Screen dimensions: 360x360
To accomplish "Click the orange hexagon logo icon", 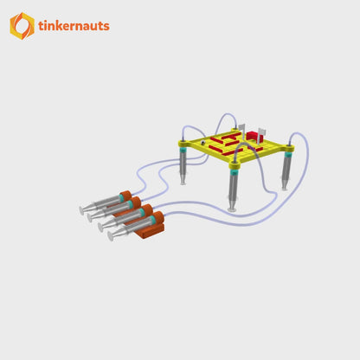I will tap(22, 26).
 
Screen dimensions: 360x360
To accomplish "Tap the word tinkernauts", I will tap(74, 26).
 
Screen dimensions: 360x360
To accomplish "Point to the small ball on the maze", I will tap(204, 142).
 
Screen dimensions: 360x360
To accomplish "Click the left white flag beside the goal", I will tap(242, 129).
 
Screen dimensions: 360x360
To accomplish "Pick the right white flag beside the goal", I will tap(263, 131).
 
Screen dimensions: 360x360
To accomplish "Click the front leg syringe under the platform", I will tap(233, 183).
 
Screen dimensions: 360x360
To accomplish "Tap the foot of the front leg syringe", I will tap(231, 208).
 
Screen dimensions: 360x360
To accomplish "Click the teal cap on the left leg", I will tap(183, 151).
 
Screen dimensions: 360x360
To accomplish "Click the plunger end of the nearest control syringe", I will tap(111, 236).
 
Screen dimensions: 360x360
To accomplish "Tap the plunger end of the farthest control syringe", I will tap(82, 209).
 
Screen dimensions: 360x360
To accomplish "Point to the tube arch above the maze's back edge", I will tap(226, 118).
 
